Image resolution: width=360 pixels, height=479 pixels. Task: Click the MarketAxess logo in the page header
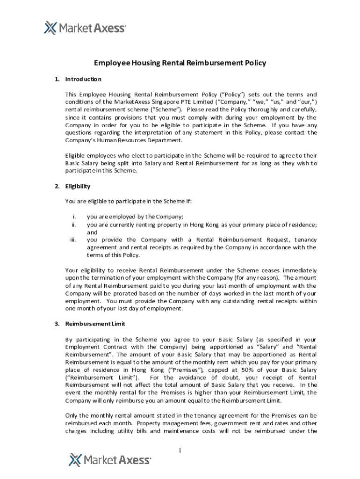pyautogui.click(x=85, y=28)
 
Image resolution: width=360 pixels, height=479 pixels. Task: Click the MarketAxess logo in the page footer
pyautogui.click(x=110, y=460)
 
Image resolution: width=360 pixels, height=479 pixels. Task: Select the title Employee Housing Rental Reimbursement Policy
pyautogui.click(x=180, y=63)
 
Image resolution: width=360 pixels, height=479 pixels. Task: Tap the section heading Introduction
pyautogui.click(x=83, y=79)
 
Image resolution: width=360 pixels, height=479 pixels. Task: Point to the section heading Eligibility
pyautogui.click(x=78, y=186)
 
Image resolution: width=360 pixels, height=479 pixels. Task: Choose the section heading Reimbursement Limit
pyautogui.click(x=95, y=324)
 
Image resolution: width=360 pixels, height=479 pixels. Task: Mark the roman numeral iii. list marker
pyautogui.click(x=73, y=240)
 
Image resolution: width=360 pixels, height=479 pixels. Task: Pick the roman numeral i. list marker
pyautogui.click(x=74, y=217)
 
